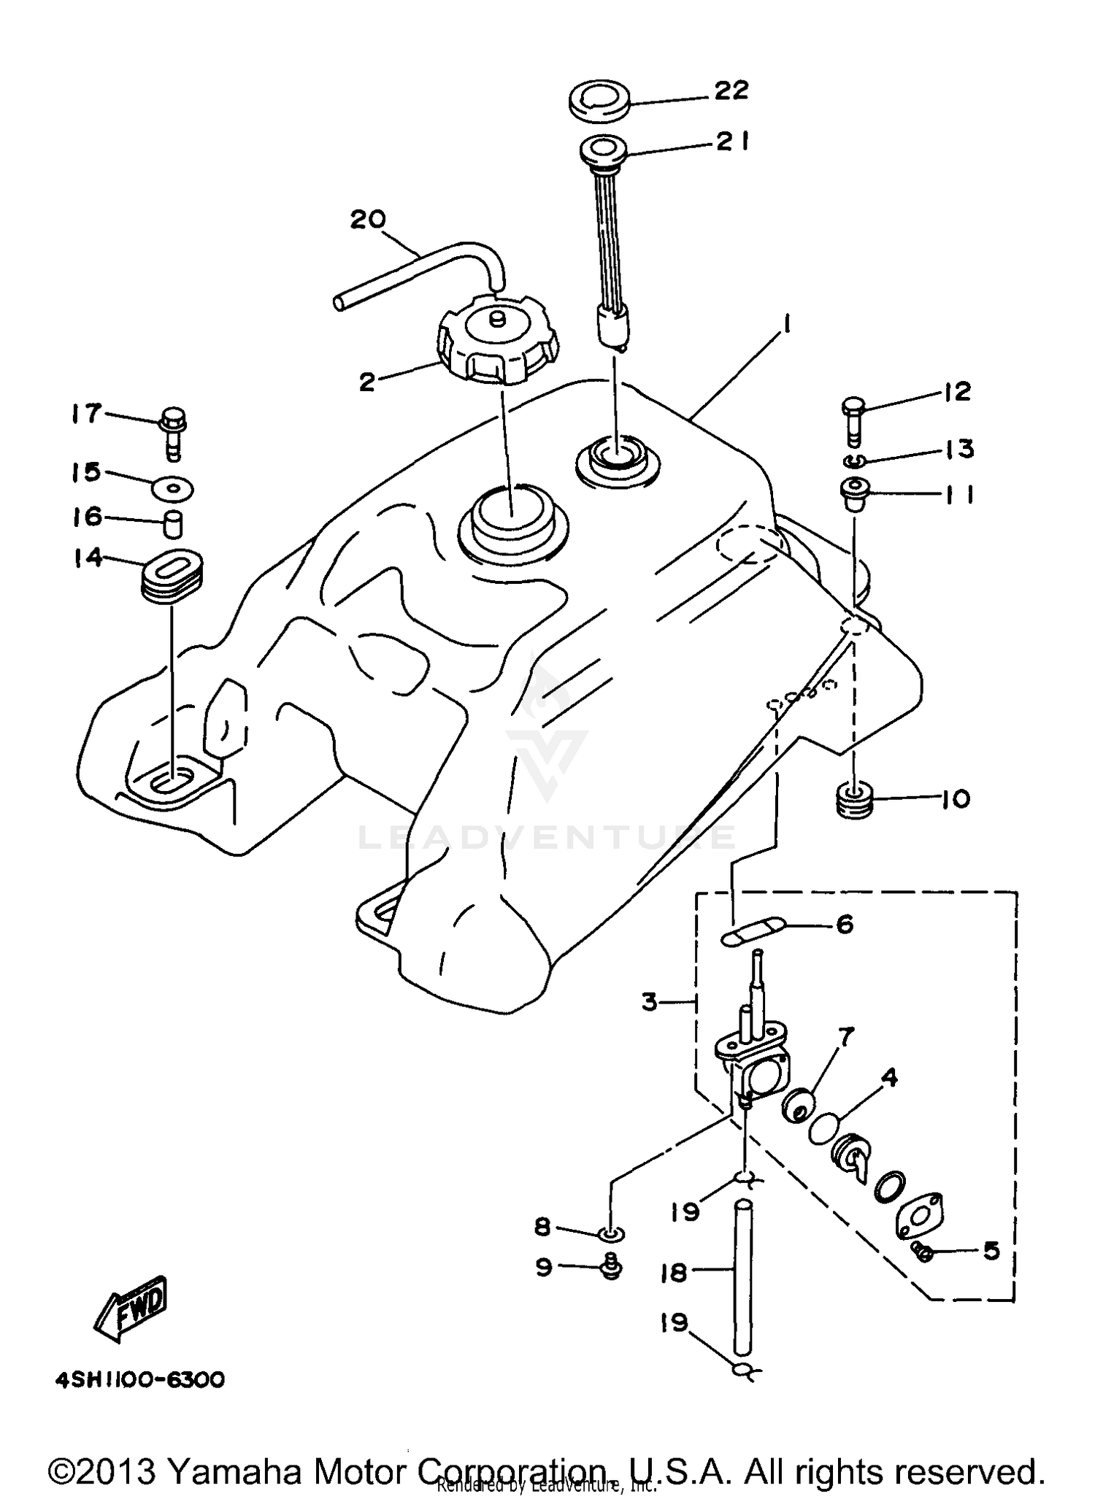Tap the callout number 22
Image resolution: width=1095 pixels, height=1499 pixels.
pos(731,90)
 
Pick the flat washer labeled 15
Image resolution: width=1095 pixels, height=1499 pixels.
pos(173,488)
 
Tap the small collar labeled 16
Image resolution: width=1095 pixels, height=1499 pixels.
pos(172,524)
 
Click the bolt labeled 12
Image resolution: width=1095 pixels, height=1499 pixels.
pos(852,419)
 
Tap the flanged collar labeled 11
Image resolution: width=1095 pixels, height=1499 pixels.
pos(852,493)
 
